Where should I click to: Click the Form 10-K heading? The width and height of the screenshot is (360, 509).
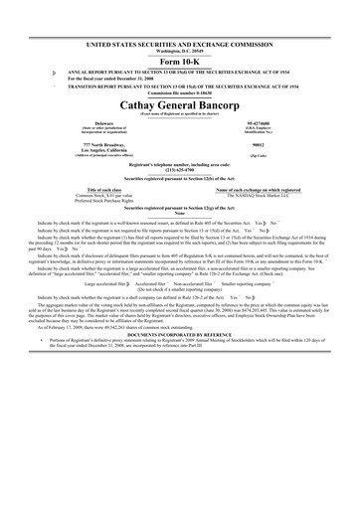point(180,60)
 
